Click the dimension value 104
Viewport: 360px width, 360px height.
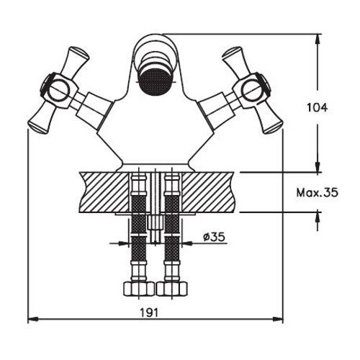pyautogui.click(x=317, y=108)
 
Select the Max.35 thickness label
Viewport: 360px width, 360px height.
pyautogui.click(x=316, y=192)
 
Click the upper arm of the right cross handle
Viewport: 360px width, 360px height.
pyautogui.click(x=235, y=58)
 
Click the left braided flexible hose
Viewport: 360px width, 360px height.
pyautogui.click(x=136, y=230)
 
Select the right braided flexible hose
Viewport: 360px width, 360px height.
pyautogui.click(x=173, y=230)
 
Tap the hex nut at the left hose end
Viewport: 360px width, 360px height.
pyautogui.click(x=136, y=290)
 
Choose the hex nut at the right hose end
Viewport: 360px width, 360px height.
pyautogui.click(x=173, y=290)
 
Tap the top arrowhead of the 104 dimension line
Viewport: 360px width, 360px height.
pyautogui.click(x=318, y=37)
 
